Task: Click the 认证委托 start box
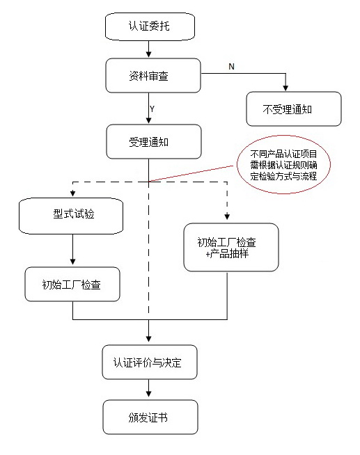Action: pyautogui.click(x=148, y=26)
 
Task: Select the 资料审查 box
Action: pyautogui.click(x=153, y=75)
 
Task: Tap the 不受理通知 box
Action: pyautogui.click(x=294, y=109)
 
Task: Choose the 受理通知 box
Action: pyautogui.click(x=153, y=142)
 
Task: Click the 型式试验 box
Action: pyautogui.click(x=72, y=215)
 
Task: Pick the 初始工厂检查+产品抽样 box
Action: pyautogui.click(x=230, y=247)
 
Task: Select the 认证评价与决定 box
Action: pyautogui.click(x=150, y=362)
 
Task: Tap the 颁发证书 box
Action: pyautogui.click(x=150, y=417)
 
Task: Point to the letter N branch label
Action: pyautogui.click(x=231, y=66)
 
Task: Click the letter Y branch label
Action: pyautogui.click(x=152, y=109)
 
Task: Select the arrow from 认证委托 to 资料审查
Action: pyautogui.click(x=148, y=49)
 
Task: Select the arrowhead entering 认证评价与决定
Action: pyautogui.click(x=149, y=340)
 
